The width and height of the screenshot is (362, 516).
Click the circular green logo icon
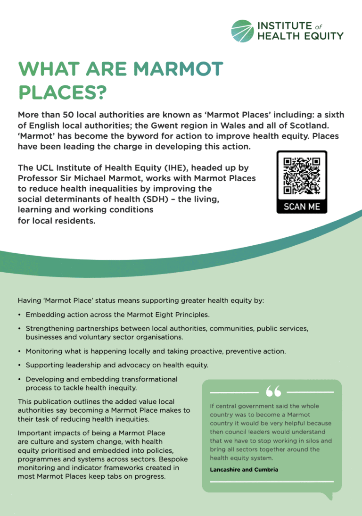click(242, 31)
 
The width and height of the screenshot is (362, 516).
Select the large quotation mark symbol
click(273, 391)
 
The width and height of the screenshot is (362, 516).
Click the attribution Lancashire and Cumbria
click(244, 470)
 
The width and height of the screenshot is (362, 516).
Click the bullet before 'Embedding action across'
click(19, 315)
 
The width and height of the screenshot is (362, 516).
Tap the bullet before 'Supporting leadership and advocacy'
click(19, 366)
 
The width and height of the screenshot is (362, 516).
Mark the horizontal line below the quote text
click(271, 482)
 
